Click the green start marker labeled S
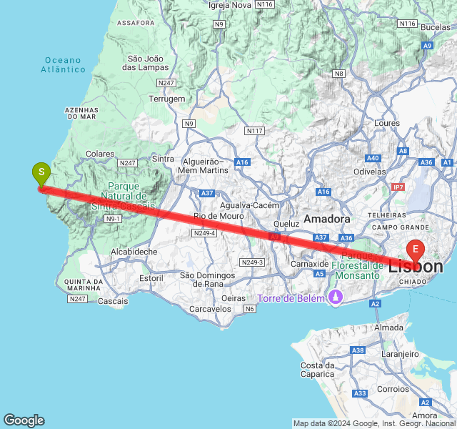[41, 173]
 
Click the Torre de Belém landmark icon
[333, 297]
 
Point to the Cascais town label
[113, 301]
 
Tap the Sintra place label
[163, 159]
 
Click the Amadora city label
[327, 219]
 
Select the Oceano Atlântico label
[63, 65]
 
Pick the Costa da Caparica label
[318, 370]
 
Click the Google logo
[24, 420]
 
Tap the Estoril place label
[151, 277]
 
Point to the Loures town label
[387, 123]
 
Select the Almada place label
[389, 327]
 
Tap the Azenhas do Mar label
[81, 113]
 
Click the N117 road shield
[254, 131]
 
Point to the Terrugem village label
[167, 99]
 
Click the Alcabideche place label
[134, 252]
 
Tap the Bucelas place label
[436, 27]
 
